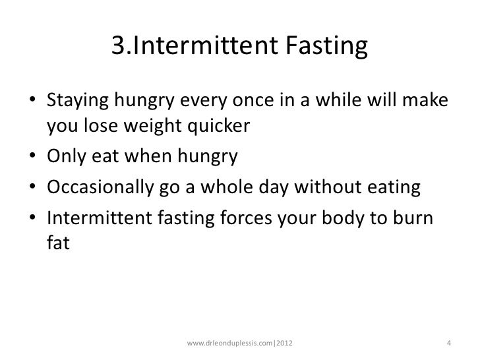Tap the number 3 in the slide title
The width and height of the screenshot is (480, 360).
pyautogui.click(x=119, y=47)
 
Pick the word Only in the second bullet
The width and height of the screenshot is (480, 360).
pyautogui.click(x=63, y=158)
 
